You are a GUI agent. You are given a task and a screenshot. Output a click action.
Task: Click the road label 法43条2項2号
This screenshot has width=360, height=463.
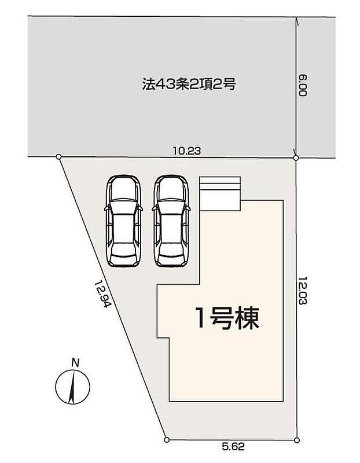[x=189, y=84]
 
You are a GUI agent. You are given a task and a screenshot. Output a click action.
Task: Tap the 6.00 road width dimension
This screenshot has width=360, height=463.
[x=303, y=85]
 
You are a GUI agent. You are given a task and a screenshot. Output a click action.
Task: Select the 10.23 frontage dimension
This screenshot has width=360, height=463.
[x=186, y=151]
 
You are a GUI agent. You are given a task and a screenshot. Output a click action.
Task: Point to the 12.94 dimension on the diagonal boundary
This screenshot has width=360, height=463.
[x=103, y=293]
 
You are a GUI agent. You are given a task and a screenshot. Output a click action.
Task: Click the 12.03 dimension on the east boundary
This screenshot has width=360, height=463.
[x=303, y=291]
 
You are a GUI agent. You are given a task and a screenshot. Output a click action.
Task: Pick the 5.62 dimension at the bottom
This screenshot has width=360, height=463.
[x=233, y=446]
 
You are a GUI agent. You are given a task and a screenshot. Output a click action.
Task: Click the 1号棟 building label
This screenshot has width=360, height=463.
[x=227, y=318]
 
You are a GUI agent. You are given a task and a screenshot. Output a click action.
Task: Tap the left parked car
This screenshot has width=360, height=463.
[x=123, y=221]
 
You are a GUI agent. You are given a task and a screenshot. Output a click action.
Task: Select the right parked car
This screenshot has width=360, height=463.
[x=171, y=221]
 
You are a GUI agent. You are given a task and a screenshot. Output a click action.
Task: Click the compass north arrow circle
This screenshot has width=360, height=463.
[x=72, y=387]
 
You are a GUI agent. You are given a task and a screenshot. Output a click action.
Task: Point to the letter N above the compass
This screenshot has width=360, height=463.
[x=75, y=363]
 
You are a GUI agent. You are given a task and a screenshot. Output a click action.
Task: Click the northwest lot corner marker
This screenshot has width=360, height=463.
[x=58, y=156]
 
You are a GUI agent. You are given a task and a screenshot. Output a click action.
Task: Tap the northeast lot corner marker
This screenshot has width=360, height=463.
[x=296, y=158]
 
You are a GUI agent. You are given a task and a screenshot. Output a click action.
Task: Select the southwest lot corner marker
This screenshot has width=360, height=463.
[x=167, y=440]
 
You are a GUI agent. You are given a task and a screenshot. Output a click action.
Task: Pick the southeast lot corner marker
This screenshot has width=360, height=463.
[x=297, y=440]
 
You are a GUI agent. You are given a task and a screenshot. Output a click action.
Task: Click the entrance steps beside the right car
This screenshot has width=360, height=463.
[x=220, y=194]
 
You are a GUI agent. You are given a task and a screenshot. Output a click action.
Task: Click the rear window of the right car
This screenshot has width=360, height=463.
[x=171, y=248]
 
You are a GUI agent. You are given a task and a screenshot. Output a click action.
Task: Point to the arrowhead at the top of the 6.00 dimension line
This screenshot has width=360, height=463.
[x=297, y=21]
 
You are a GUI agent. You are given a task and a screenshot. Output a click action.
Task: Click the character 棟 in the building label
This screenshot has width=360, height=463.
[x=248, y=318]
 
